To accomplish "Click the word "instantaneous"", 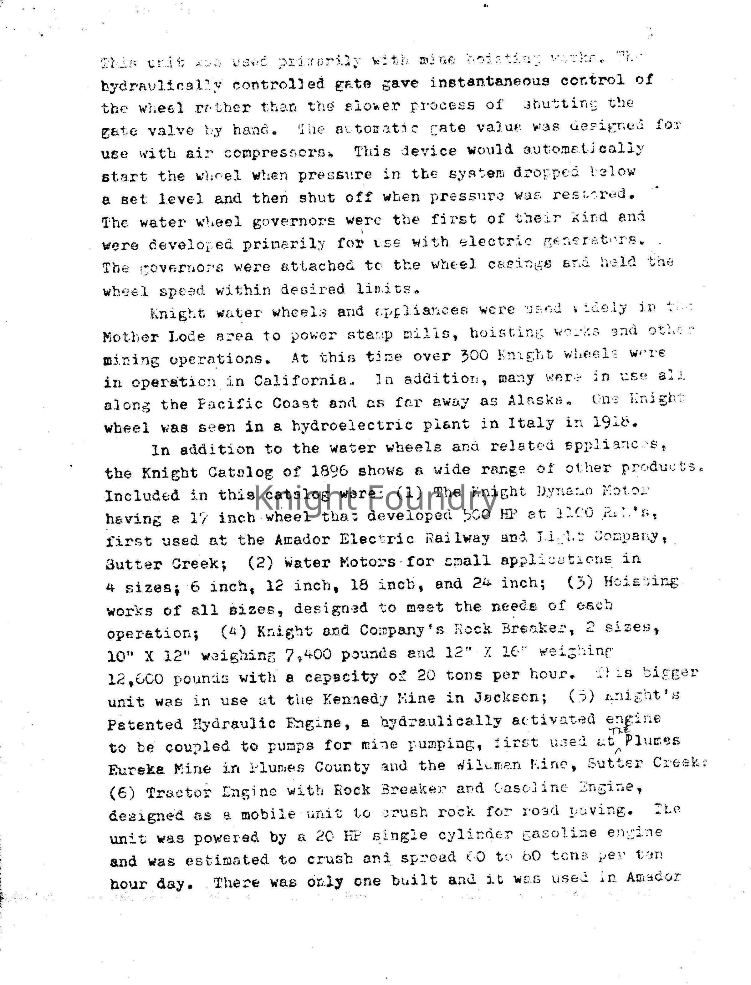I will (x=490, y=82).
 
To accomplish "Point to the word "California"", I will (x=300, y=380).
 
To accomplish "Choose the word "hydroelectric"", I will (x=352, y=425).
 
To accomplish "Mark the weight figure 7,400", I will (x=308, y=654).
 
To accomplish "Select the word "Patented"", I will (x=144, y=723).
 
